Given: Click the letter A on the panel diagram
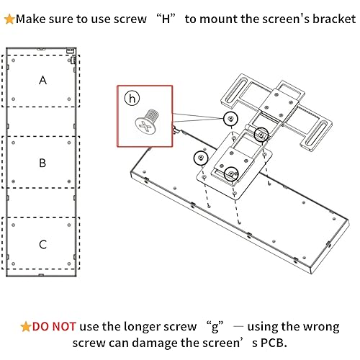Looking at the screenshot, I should pos(42,81).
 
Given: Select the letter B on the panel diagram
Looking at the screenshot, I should pos(42,163).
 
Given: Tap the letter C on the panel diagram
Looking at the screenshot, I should pos(42,244).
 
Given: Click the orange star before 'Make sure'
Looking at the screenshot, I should pos(9,18).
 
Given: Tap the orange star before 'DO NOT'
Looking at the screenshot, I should pos(26,326).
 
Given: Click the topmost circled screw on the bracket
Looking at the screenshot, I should pos(230,117).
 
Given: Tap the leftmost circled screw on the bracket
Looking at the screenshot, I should pos(199,158).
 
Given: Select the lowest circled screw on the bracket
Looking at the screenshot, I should pos(231,174).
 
